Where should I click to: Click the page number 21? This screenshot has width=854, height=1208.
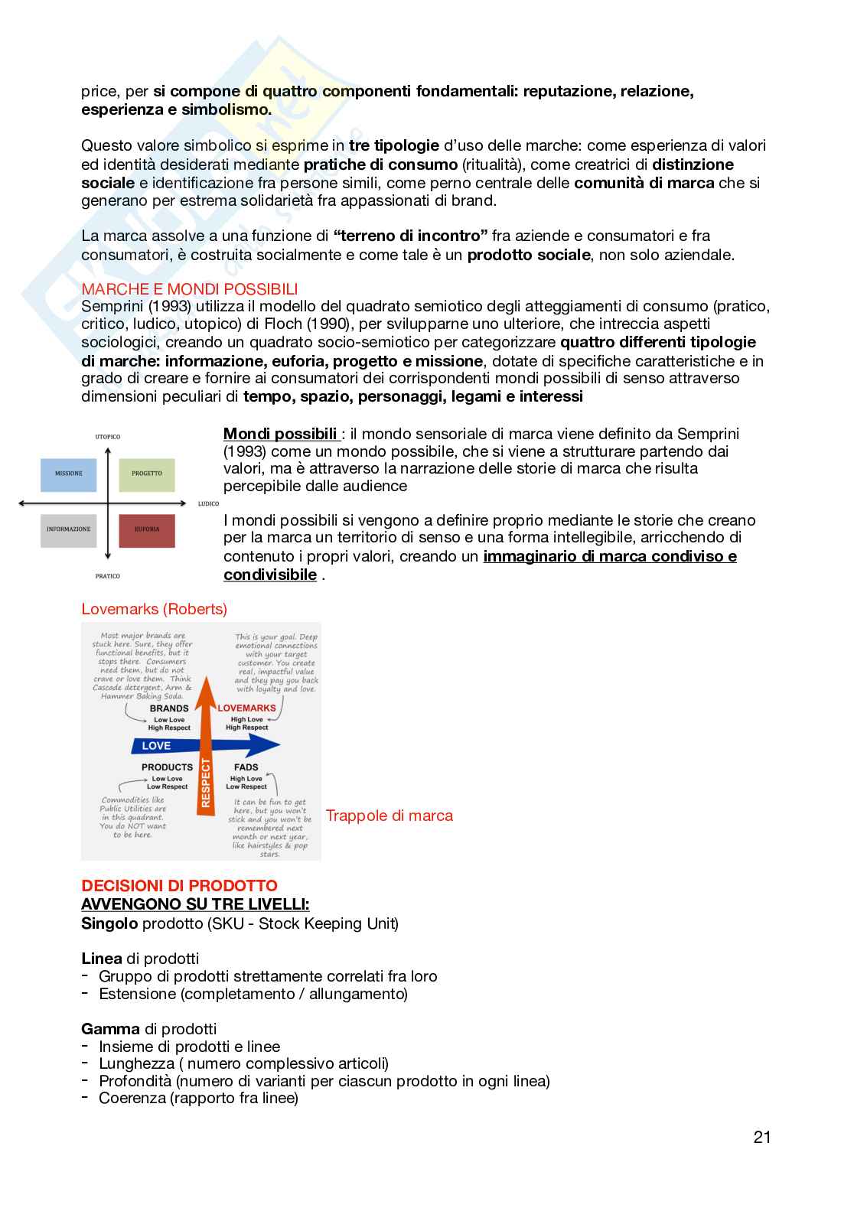(x=761, y=1137)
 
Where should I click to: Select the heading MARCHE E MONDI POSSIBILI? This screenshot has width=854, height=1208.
(x=189, y=289)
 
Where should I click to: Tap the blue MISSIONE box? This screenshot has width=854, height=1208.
(x=68, y=474)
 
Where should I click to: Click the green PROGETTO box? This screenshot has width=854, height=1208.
(x=147, y=474)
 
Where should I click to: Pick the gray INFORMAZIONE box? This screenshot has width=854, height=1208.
(x=68, y=529)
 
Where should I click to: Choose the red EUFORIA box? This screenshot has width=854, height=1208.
(x=147, y=529)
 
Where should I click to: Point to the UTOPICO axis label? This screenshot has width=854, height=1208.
(x=107, y=436)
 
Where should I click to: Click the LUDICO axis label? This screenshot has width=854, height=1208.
(x=208, y=503)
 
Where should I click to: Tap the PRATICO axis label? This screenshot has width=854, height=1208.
(x=107, y=575)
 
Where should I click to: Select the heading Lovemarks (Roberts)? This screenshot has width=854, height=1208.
(x=154, y=609)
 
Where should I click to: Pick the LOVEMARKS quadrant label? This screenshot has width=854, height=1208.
(x=246, y=708)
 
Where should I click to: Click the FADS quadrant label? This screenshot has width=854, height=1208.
(x=246, y=767)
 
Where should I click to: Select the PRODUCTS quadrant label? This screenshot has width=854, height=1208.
(x=167, y=767)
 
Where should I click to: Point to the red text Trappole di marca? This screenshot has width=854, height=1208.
(x=389, y=816)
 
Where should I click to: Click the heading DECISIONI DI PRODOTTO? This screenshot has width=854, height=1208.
(x=179, y=886)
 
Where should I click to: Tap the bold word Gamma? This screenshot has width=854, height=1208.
(x=110, y=1029)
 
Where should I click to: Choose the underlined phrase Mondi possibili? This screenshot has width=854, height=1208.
(x=280, y=434)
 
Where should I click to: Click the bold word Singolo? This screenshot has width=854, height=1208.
(x=109, y=923)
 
